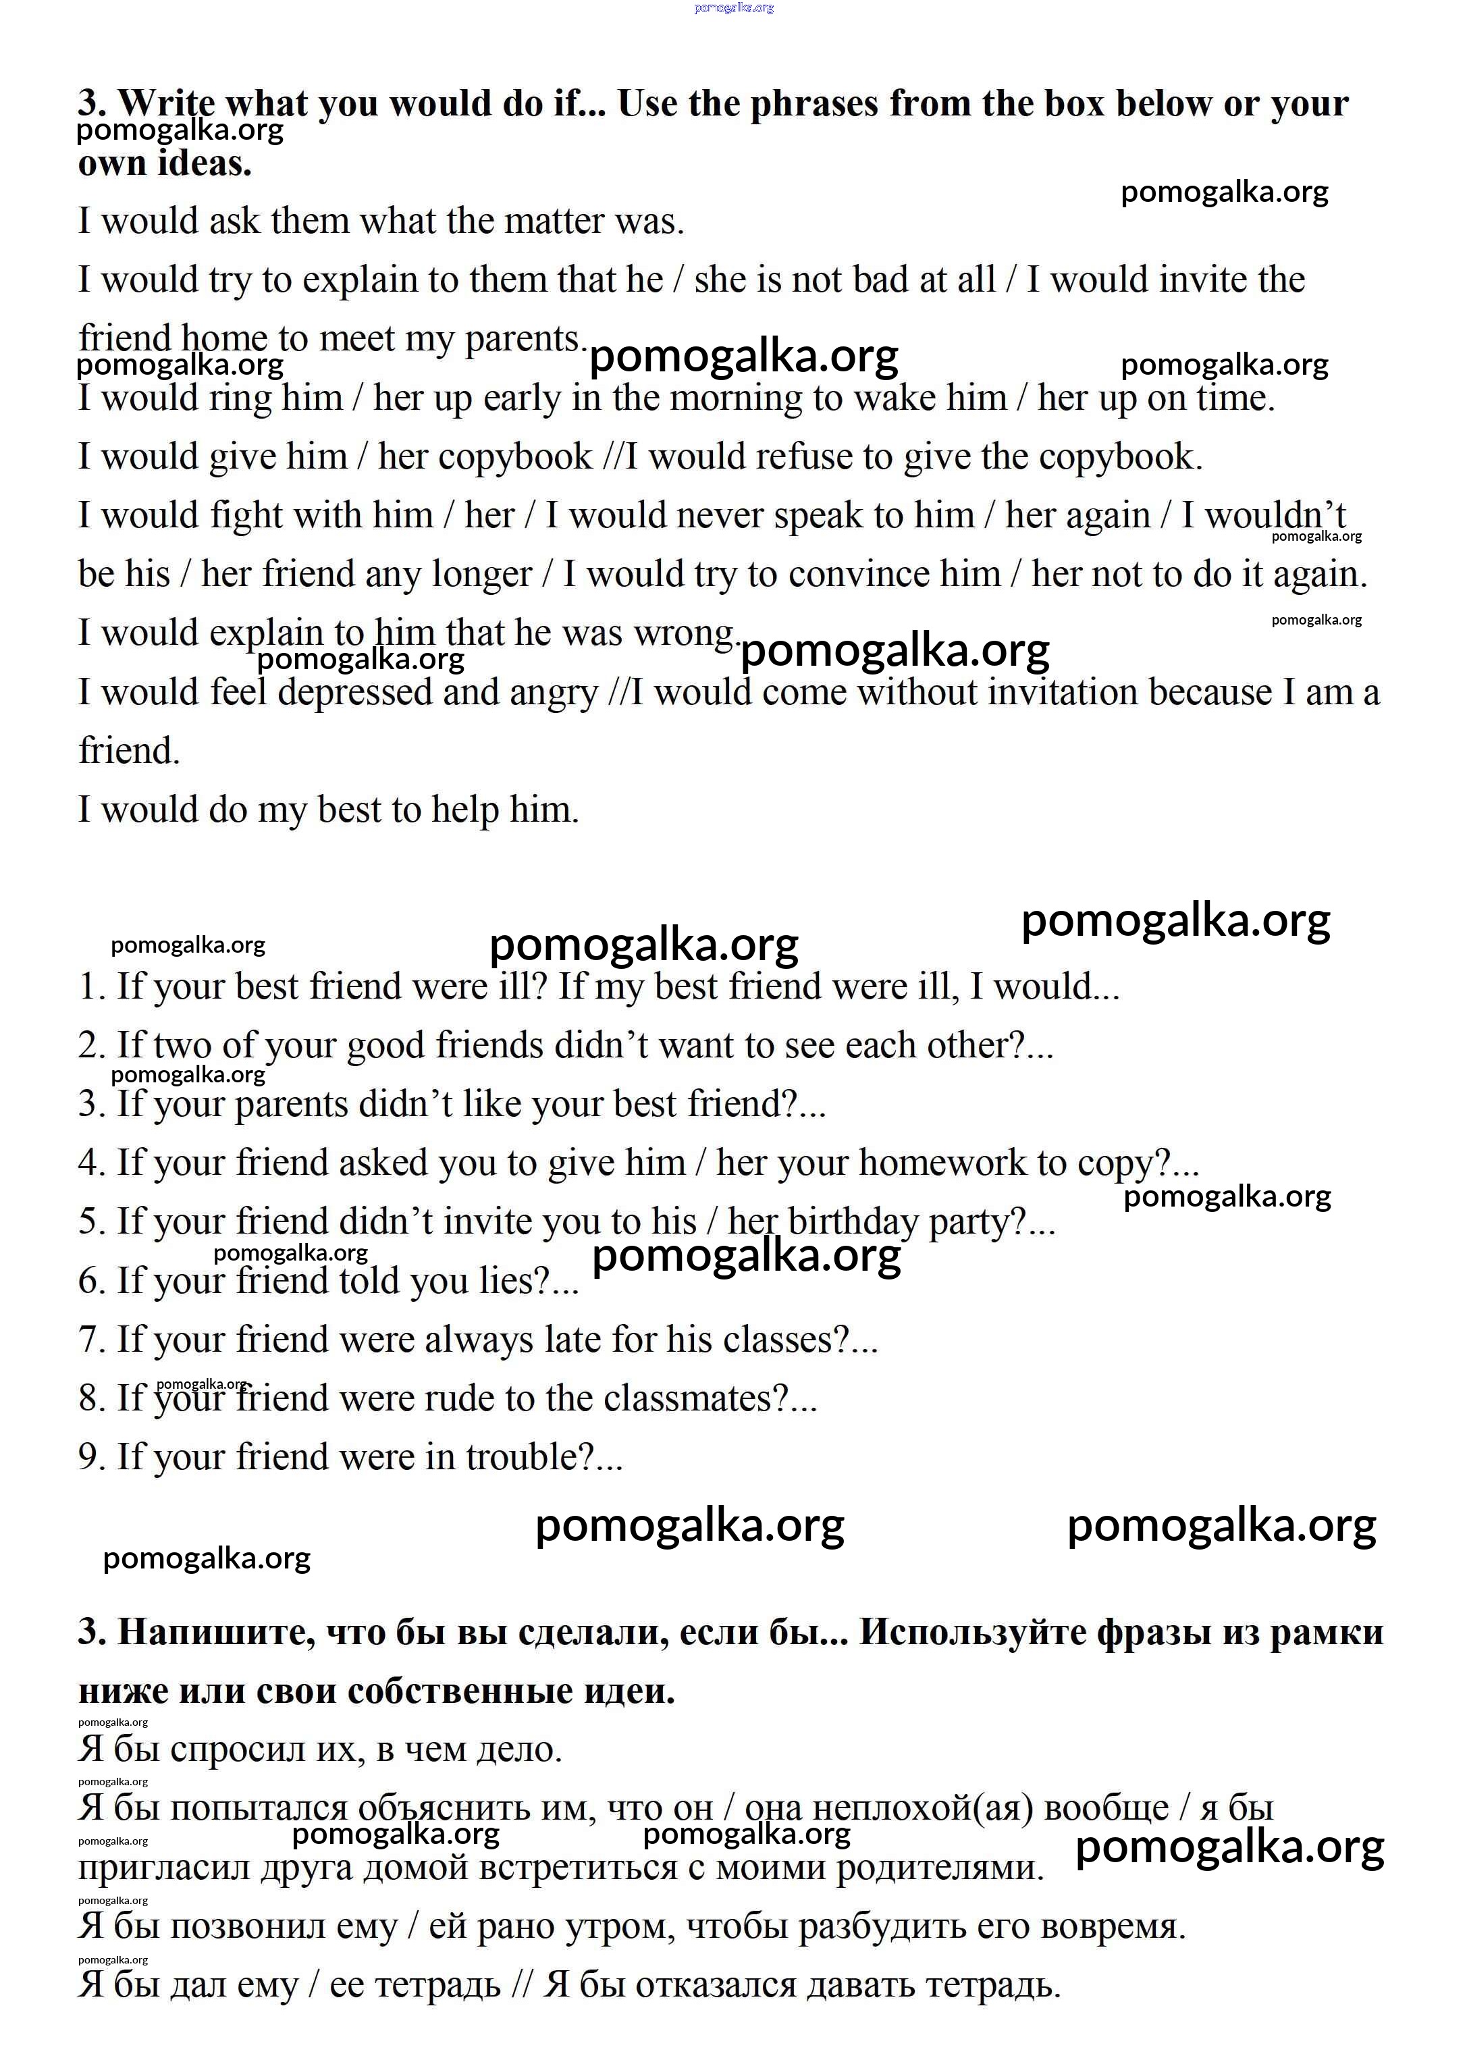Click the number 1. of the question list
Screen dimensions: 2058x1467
click(x=92, y=986)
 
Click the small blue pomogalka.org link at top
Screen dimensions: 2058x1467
click(x=733, y=8)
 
